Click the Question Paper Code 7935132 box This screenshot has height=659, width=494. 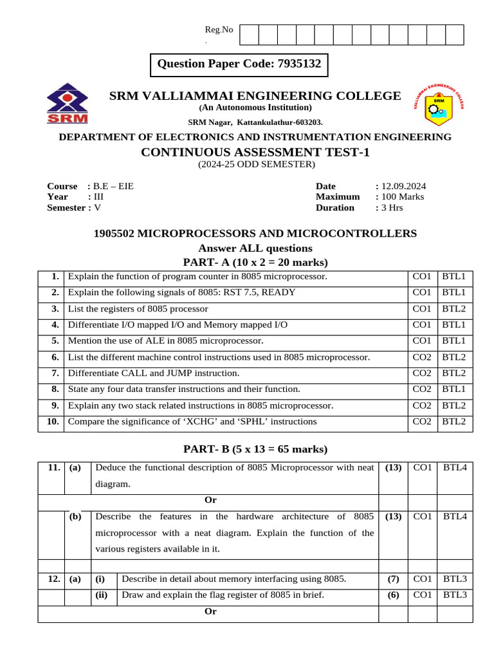[239, 64]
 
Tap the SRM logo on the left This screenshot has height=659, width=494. [68, 104]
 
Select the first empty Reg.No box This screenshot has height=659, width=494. [249, 35]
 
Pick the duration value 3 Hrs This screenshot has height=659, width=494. [392, 208]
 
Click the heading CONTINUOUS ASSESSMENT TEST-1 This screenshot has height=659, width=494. [255, 152]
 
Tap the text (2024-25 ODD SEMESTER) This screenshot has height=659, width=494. [256, 165]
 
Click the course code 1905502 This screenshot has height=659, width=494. [115, 234]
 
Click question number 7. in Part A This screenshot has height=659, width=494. [55, 373]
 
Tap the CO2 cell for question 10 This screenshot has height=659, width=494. [422, 422]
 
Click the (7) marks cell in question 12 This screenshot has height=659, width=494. [394, 579]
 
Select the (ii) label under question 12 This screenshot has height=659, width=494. [102, 595]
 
